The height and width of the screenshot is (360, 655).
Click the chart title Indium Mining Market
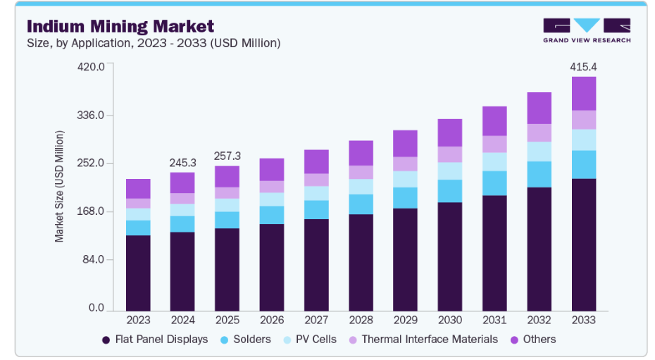point(120,27)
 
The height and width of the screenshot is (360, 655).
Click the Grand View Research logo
point(587,30)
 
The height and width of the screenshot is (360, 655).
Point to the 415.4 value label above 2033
point(583,67)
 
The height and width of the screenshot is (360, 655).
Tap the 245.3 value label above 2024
point(182,163)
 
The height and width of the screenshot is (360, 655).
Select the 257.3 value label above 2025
point(227,156)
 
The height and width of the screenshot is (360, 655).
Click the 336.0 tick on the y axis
point(91,115)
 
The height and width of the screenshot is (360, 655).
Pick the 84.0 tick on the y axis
point(94,260)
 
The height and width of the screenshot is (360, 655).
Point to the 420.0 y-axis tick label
point(91,67)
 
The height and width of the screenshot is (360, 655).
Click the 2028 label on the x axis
point(361,320)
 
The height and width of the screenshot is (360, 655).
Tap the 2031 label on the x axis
point(494,320)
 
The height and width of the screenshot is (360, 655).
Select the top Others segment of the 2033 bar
point(584,94)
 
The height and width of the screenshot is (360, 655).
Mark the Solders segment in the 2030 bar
point(450,191)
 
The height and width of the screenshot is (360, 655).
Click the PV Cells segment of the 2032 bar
point(539,151)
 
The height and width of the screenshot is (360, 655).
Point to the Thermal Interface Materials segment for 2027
point(316,180)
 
